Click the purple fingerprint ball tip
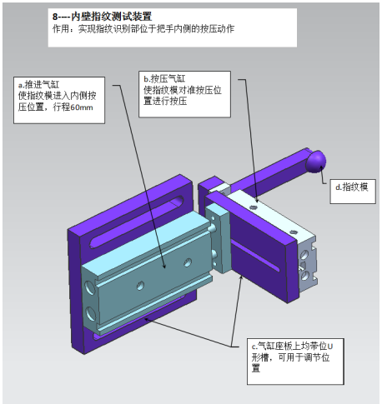pos(316,162)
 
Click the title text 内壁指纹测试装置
pos(112,17)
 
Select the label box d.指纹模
pos(353,192)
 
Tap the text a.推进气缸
pos(38,84)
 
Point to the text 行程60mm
pos(73,107)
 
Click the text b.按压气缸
pos(164,79)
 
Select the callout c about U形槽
pos(295,362)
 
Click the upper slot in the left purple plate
pos(137,221)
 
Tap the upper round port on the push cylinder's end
pos(90,287)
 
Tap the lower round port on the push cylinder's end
pos(91,313)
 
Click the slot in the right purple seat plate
pos(256,256)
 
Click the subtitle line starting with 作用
pos(143,29)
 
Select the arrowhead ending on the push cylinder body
pos(164,265)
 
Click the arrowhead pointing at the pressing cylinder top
pos(256,200)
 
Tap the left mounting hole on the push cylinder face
pos(140,285)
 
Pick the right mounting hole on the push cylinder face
pos(188,262)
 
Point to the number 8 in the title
pos(55,17)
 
